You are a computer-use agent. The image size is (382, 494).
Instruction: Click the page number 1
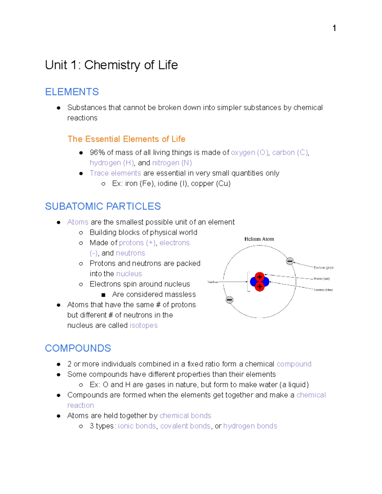coord(334,28)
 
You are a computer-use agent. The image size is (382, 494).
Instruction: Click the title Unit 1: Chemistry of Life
coord(111,65)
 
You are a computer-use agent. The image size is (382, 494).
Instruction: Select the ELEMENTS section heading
coord(72,92)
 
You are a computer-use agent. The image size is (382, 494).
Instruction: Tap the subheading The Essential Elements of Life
coord(126,139)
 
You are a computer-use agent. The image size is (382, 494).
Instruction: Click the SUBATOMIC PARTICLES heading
coord(103,206)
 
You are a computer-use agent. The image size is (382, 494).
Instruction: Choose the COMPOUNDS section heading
coord(78,348)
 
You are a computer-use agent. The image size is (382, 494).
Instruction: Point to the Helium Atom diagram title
coord(259,239)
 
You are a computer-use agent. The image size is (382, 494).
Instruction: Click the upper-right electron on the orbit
coord(290,261)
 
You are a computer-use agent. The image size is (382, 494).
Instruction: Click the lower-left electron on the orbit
coord(230,300)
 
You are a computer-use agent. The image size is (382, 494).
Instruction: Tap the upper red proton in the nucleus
coord(260,276)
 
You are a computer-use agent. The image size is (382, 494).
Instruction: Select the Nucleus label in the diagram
coord(213,282)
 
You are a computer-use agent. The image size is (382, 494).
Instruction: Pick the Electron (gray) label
coord(323,268)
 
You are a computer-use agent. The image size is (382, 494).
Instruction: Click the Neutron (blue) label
coord(323,290)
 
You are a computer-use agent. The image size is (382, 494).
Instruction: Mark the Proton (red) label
coord(322,279)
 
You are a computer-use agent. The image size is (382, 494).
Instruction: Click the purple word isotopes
coord(144,325)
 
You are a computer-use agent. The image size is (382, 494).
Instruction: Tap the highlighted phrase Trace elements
coord(115,173)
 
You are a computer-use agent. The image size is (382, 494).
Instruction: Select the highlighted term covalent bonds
coord(185,426)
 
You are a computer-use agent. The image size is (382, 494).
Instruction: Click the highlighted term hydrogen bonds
coord(250,426)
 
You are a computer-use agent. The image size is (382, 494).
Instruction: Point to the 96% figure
coord(97,153)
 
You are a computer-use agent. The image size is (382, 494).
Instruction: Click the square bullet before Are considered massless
coord(103,295)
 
